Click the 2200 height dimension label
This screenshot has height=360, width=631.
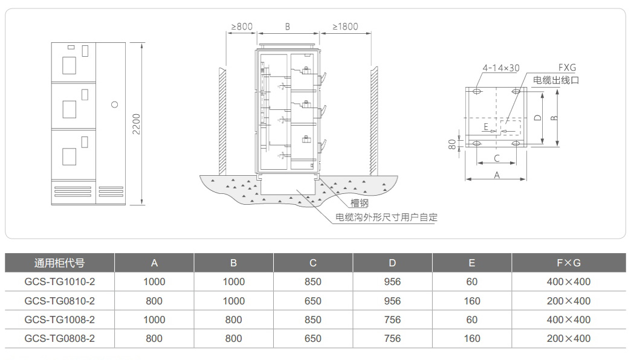[x=137, y=124]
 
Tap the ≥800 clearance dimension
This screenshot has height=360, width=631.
[x=241, y=26]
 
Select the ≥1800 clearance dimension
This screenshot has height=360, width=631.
[x=345, y=26]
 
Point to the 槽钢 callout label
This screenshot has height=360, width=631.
[x=359, y=203]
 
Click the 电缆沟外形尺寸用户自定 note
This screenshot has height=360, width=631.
[x=386, y=217]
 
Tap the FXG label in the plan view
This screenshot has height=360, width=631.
[x=566, y=68]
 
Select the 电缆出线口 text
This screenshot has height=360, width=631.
[x=555, y=80]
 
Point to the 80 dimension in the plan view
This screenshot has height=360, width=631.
[x=452, y=145]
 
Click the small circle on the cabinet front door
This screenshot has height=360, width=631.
[x=115, y=104]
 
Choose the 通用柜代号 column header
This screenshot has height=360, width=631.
[x=59, y=263]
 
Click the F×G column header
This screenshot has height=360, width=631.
[x=568, y=263]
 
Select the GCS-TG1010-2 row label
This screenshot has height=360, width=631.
[x=60, y=281]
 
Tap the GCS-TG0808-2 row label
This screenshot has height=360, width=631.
[x=60, y=338]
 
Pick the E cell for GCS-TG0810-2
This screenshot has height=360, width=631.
[x=471, y=301]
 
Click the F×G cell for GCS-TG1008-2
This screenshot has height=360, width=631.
[x=568, y=320]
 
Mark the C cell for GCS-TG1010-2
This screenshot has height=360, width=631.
[x=313, y=281]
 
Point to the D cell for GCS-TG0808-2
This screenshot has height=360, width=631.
[x=392, y=338]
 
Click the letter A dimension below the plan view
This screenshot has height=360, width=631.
[x=497, y=175]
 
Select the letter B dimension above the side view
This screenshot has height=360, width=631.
[x=288, y=27]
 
